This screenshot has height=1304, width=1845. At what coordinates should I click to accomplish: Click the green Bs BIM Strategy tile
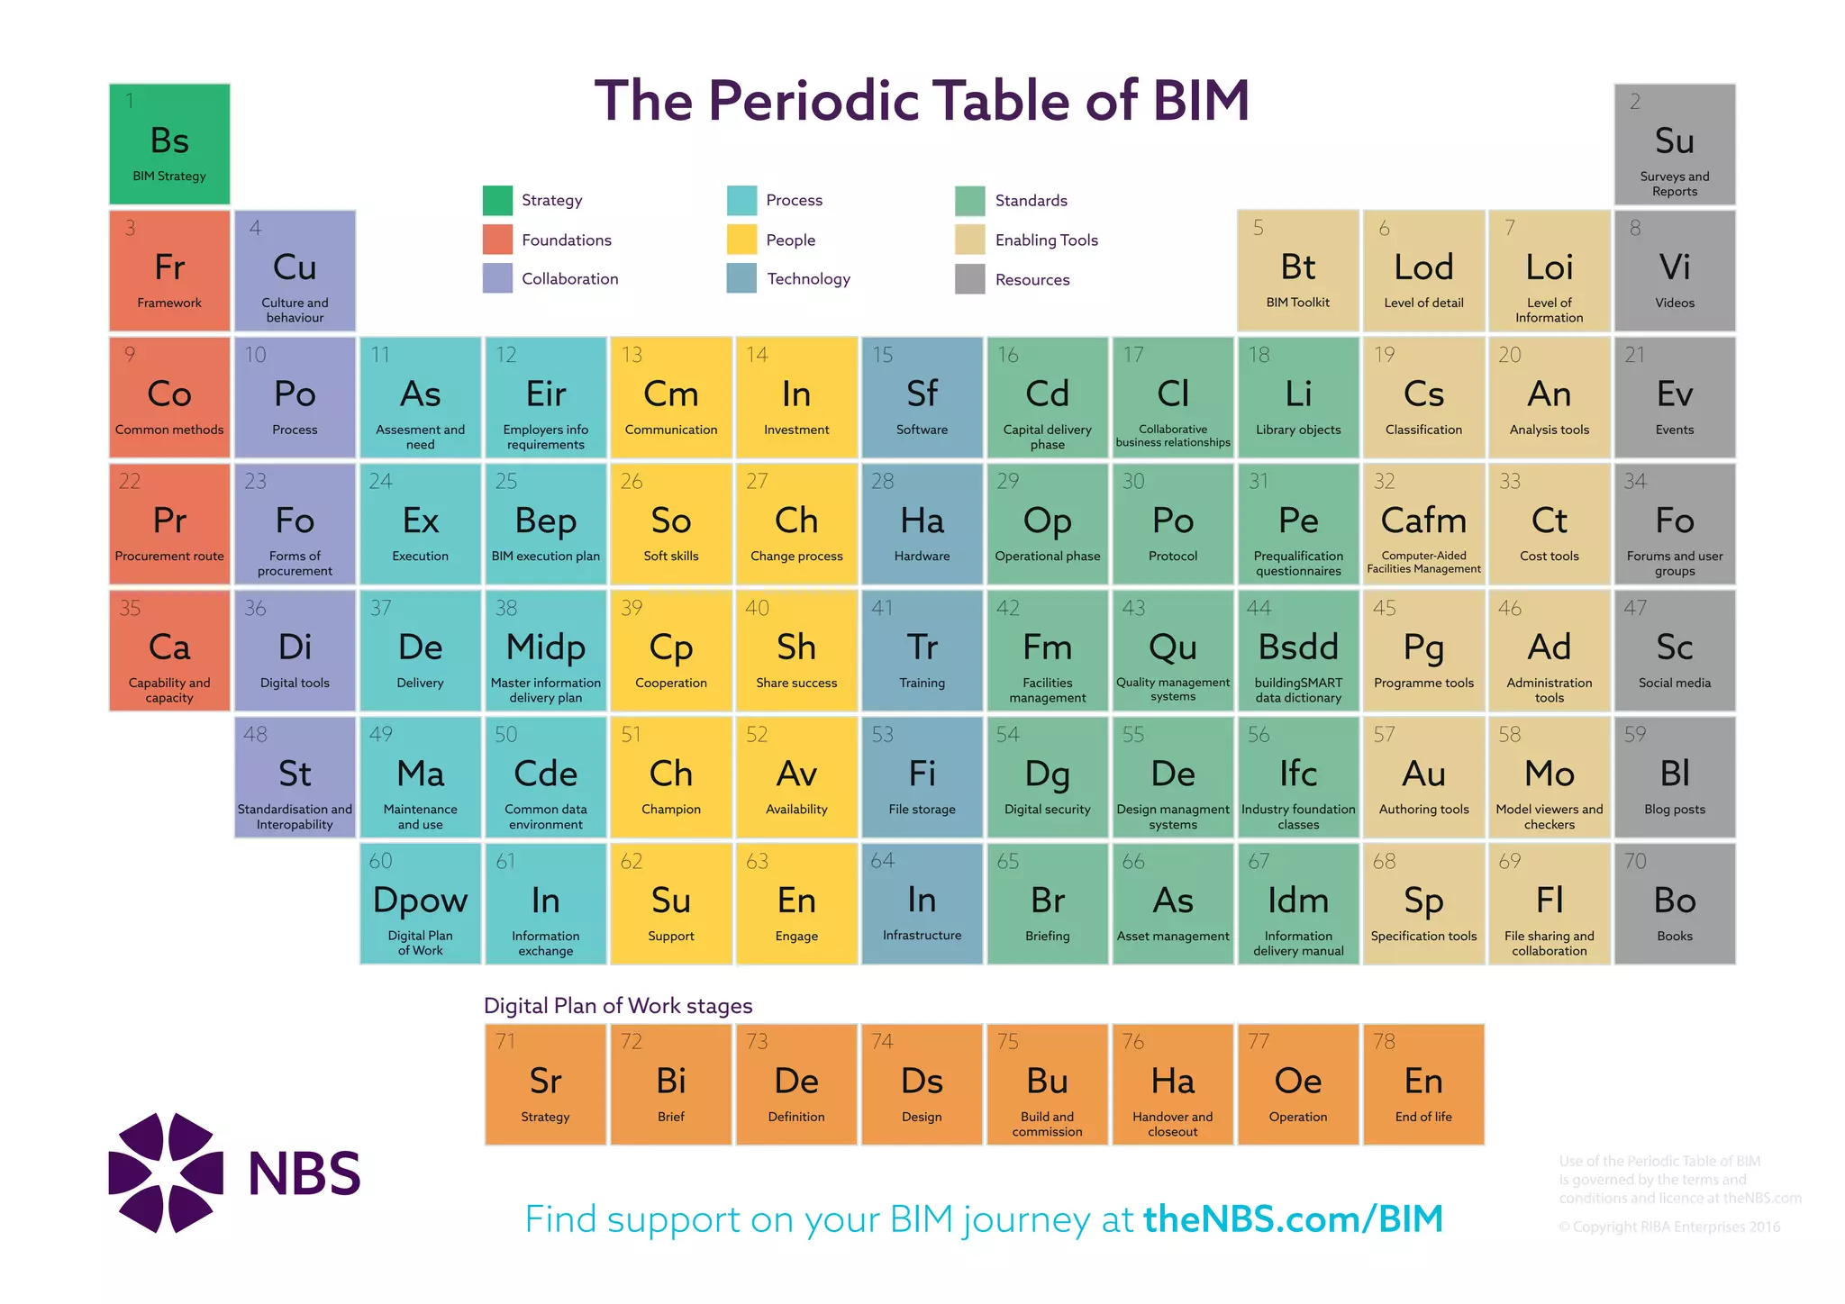pyautogui.click(x=169, y=144)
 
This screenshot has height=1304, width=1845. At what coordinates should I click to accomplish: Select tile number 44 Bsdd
pyautogui.click(x=1298, y=650)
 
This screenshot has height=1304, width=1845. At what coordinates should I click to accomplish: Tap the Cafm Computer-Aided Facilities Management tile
pyautogui.click(x=1423, y=524)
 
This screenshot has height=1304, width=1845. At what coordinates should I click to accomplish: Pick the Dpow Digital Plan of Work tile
pyautogui.click(x=420, y=903)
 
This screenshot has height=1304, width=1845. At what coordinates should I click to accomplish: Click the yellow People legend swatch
pyautogui.click(x=741, y=240)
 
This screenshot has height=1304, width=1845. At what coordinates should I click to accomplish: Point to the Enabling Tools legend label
pyautogui.click(x=1046, y=240)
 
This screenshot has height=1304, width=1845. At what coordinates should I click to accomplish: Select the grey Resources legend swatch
pyautogui.click(x=969, y=279)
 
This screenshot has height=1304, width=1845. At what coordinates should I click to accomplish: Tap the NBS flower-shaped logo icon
pyautogui.click(x=166, y=1173)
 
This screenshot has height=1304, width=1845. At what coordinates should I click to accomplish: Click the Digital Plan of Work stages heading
pyautogui.click(x=618, y=1005)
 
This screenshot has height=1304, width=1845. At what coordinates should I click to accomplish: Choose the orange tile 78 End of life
pyautogui.click(x=1423, y=1084)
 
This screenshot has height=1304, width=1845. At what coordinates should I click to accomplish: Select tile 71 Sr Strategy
pyautogui.click(x=545, y=1084)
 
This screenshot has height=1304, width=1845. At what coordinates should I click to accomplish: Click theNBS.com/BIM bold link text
pyautogui.click(x=1293, y=1219)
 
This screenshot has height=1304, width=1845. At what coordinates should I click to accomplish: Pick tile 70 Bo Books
pyautogui.click(x=1674, y=903)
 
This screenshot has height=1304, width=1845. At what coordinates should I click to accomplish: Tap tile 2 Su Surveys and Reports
pyautogui.click(x=1674, y=144)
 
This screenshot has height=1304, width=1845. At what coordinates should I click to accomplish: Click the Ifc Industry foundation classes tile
pyautogui.click(x=1298, y=777)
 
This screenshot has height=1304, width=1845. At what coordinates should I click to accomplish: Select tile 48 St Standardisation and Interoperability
pyautogui.click(x=295, y=777)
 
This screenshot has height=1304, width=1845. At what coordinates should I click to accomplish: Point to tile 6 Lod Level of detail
pyautogui.click(x=1423, y=270)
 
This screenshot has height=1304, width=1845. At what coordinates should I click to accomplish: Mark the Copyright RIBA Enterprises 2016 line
pyautogui.click(x=1669, y=1227)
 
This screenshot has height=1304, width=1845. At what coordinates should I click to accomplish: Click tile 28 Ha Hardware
pyautogui.click(x=922, y=524)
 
